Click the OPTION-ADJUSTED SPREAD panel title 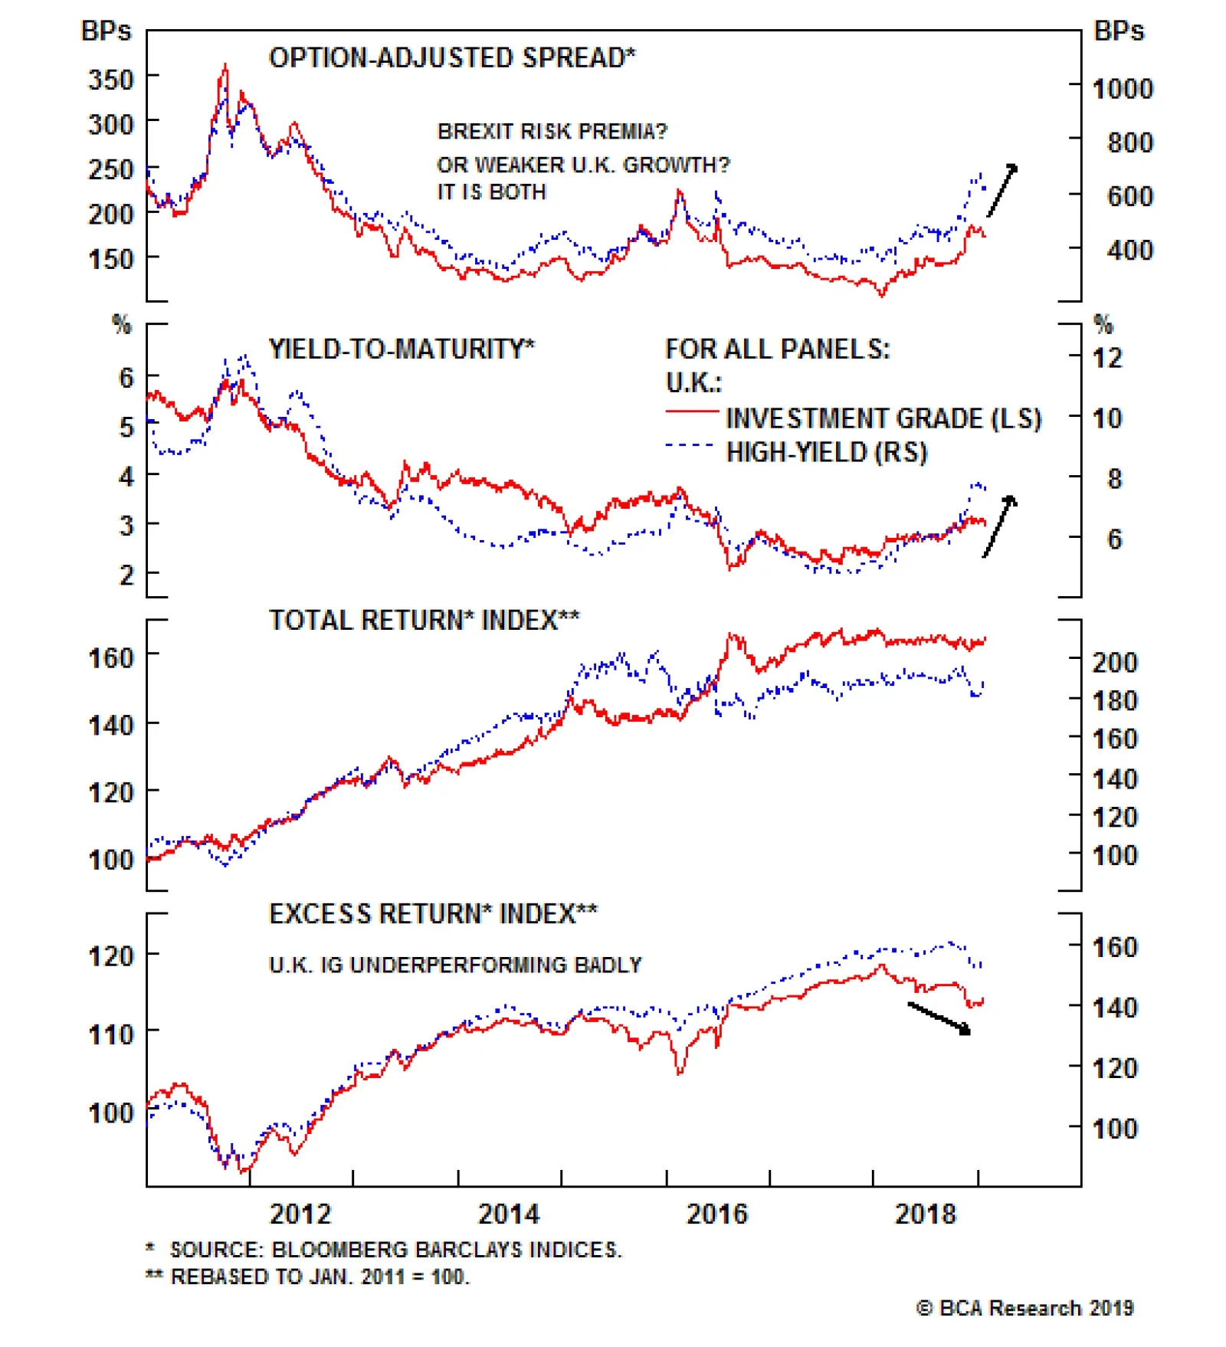point(452,58)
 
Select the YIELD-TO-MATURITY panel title point(402,349)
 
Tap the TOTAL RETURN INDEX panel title point(424,620)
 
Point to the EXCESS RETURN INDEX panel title point(433,913)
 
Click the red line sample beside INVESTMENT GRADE point(691,412)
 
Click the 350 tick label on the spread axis point(111,79)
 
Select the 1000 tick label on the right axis point(1123,89)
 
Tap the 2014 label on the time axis point(509,1214)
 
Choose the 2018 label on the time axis point(926,1214)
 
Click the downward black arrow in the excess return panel point(939,1018)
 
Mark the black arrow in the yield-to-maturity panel point(1000,526)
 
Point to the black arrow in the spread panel point(1002,190)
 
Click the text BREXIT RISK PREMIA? point(552,132)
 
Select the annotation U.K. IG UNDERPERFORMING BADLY point(455,965)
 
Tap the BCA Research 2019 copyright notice point(1025,1308)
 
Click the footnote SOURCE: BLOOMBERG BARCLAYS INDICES point(395,1250)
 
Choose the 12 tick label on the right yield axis point(1106,358)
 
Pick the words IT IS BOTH point(492,192)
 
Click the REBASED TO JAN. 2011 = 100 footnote point(320,1277)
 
